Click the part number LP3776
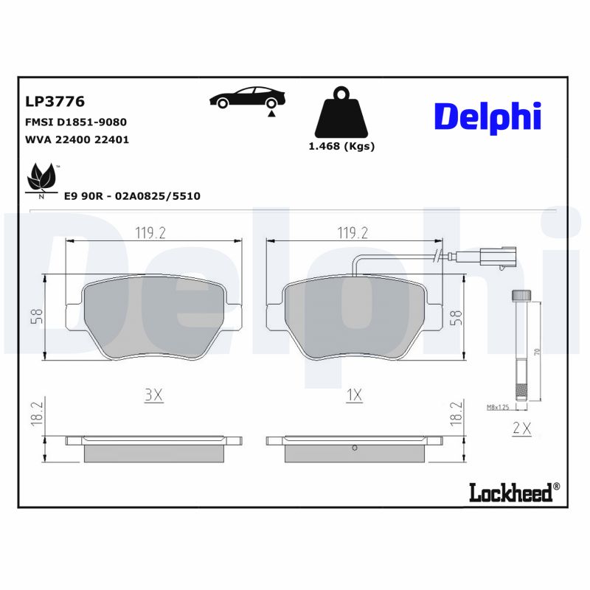[x=55, y=101]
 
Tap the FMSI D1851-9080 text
[x=76, y=122]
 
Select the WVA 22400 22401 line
[x=77, y=139]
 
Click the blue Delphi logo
[x=487, y=117]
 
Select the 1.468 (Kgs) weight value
[x=341, y=146]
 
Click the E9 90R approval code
[x=132, y=195]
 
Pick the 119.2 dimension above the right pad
[x=353, y=233]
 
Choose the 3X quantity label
[x=153, y=395]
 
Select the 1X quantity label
[x=354, y=395]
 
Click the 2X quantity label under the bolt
[x=522, y=426]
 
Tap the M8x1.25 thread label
[x=499, y=406]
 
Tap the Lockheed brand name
[x=510, y=492]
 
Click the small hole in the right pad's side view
[x=355, y=447]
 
